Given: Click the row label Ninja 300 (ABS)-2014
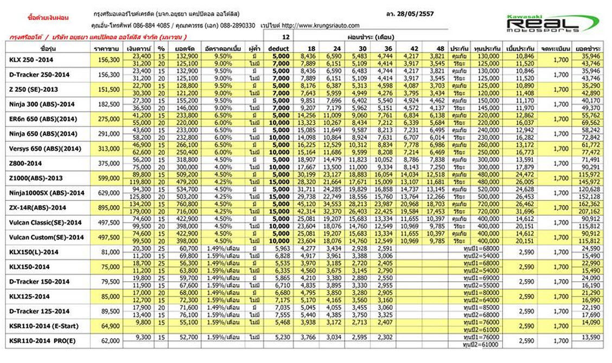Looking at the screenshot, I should tap(43, 103).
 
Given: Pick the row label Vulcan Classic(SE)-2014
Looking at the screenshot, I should tap(46, 223).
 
